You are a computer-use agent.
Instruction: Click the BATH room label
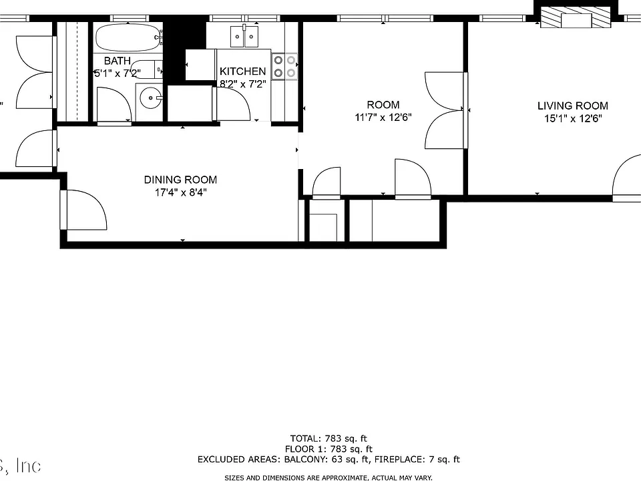[118, 61]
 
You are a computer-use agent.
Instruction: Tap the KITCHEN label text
[243, 71]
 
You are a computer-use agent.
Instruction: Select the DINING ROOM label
[180, 180]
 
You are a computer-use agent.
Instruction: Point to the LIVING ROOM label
[573, 106]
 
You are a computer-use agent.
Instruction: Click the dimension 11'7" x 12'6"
[383, 118]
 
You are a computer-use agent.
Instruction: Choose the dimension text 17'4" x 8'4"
[181, 192]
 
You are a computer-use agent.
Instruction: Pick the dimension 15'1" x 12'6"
[573, 119]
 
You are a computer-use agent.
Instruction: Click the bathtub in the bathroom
[129, 37]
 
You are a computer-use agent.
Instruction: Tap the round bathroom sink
[150, 98]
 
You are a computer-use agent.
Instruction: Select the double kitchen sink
[244, 36]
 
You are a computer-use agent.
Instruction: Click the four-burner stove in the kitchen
[284, 67]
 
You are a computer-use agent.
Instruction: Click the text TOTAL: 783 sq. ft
[329, 439]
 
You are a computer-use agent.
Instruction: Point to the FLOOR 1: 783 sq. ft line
[329, 449]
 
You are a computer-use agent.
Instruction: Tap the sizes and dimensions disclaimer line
[329, 477]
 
